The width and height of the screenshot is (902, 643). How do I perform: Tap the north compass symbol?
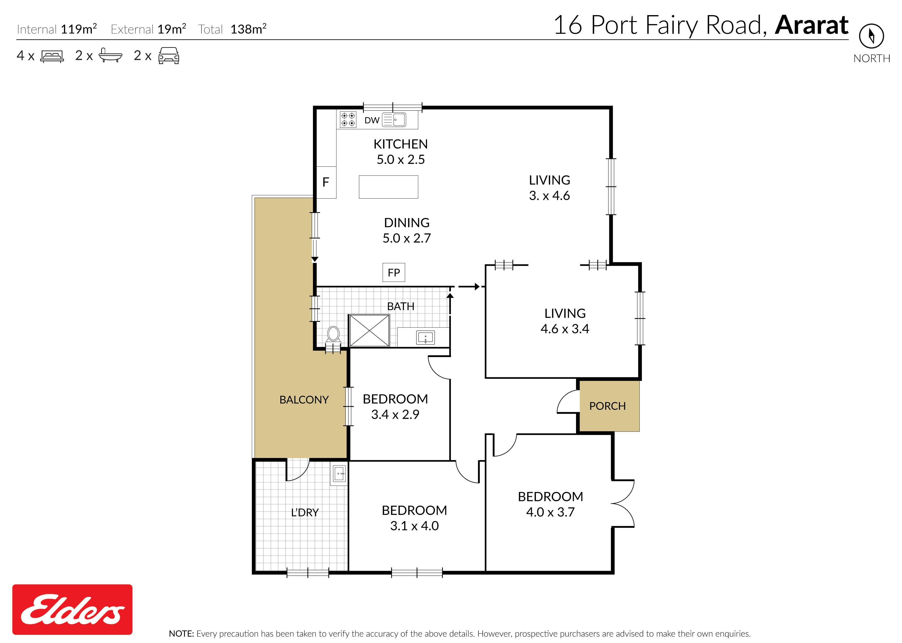pos(871,36)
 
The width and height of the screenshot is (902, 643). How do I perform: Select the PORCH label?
pos(607,406)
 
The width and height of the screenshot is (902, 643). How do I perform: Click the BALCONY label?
pos(304,400)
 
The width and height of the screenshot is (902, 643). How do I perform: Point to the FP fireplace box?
pos(394,272)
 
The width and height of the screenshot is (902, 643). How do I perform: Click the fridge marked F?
pos(326,182)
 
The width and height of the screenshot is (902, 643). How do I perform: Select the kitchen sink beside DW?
pos(394,120)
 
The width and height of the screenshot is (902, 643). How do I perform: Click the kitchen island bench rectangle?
pos(388,187)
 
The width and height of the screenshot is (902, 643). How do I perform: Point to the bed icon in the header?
pos(52,56)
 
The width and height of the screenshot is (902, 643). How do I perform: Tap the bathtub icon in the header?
pos(110,55)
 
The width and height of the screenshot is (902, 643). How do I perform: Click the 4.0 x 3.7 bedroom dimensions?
pos(550,512)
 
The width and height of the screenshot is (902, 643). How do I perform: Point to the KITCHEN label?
pos(401,144)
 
